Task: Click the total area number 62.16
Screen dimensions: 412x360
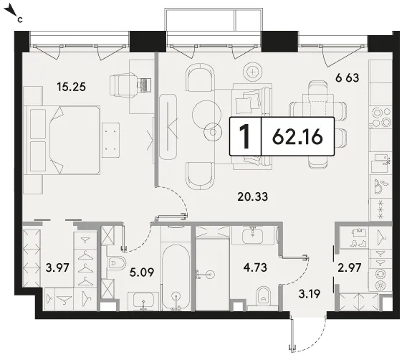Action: (x=297, y=137)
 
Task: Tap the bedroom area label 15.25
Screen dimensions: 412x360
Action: (x=71, y=87)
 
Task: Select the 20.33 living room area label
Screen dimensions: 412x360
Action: (x=252, y=196)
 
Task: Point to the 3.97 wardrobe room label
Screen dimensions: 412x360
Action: (x=57, y=268)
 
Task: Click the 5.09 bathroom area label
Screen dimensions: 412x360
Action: (x=142, y=273)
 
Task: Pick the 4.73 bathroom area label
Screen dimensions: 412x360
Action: (x=255, y=267)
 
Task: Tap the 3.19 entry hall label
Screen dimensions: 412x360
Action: (x=310, y=294)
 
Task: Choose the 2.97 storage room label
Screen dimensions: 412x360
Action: (x=350, y=267)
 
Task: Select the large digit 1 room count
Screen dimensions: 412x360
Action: (x=245, y=136)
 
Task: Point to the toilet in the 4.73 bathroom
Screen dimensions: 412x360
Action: (x=263, y=295)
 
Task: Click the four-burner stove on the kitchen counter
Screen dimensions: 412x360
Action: (x=380, y=117)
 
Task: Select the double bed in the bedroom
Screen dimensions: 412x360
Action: (x=62, y=140)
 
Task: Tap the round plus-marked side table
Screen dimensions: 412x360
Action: (x=252, y=72)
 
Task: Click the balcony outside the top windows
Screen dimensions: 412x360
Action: (x=214, y=20)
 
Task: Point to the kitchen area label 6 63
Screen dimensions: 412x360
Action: (x=347, y=78)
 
